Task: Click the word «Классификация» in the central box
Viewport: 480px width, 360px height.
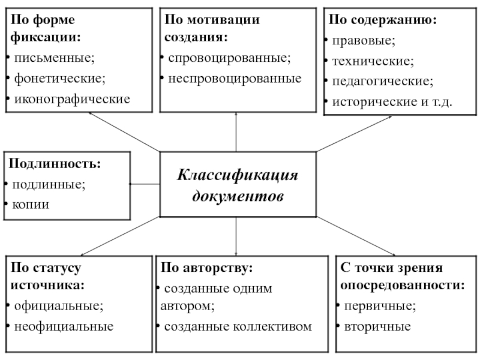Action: point(238,176)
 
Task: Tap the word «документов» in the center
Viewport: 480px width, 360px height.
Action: point(238,196)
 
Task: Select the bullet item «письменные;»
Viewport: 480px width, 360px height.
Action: point(54,58)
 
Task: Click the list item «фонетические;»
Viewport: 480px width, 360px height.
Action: point(59,79)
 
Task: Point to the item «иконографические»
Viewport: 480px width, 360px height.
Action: point(72,99)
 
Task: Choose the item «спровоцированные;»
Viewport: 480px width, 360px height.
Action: point(229,58)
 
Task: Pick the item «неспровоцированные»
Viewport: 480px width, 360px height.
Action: point(235,79)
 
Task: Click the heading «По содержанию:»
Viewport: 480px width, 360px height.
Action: point(383,20)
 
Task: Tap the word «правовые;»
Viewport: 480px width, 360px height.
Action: point(364,41)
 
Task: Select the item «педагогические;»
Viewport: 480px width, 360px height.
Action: point(383,82)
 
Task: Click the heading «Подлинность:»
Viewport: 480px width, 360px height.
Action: point(55,164)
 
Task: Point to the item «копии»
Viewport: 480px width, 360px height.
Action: point(31,205)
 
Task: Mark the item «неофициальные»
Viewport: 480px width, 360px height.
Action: point(64,326)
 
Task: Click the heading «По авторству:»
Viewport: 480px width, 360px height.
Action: point(207,268)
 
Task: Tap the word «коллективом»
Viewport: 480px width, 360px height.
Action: point(272,326)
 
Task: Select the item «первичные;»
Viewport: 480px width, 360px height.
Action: point(380,306)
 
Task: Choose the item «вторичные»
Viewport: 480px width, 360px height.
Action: point(377,326)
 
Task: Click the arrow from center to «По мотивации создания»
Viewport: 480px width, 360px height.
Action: point(236,132)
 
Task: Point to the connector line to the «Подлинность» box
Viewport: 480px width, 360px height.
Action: point(145,184)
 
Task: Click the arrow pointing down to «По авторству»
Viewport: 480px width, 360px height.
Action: point(236,236)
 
